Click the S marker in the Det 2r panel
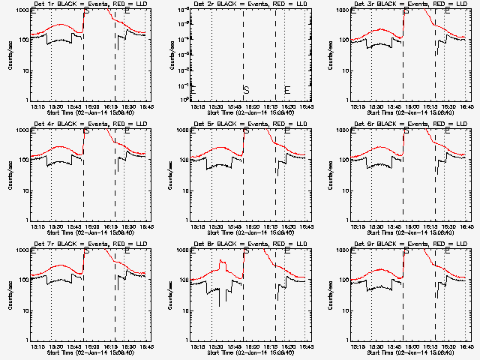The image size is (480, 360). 245,90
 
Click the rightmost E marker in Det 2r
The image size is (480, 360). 286,90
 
